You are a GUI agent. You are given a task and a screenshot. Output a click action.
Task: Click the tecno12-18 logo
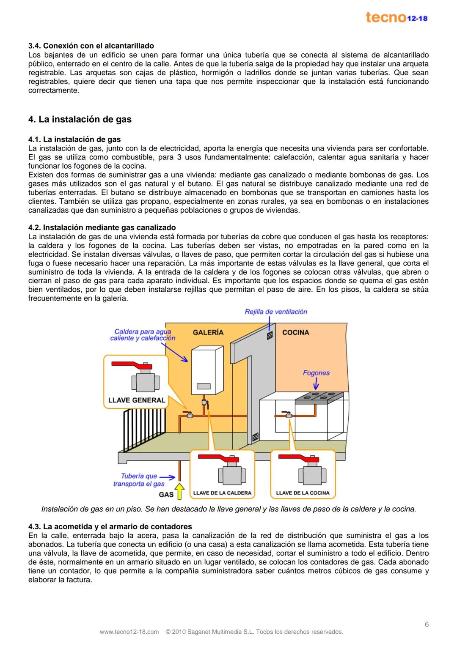tap(396, 18)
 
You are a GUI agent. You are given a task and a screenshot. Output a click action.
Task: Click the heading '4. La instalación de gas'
tap(80, 120)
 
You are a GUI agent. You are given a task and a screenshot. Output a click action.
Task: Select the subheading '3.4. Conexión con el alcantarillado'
tap(91, 46)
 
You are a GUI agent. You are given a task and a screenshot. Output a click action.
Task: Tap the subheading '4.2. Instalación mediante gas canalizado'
tap(102, 228)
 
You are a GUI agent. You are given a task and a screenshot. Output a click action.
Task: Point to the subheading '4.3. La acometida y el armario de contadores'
tap(110, 526)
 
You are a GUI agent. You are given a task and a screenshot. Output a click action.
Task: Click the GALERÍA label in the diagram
tap(208, 332)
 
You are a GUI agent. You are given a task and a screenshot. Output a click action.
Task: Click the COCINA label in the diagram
tap(295, 332)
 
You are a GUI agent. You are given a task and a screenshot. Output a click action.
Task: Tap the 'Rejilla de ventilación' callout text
tap(276, 312)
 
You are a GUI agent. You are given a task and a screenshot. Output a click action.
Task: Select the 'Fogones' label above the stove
tap(316, 373)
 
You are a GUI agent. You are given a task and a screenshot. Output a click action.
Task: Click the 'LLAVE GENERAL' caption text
tap(137, 400)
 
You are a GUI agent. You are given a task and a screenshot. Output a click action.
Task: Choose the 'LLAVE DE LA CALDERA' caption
tap(222, 493)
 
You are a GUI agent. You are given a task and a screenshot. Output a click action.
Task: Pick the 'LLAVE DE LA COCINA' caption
tap(303, 493)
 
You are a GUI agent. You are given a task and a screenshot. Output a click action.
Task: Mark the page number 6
tap(427, 624)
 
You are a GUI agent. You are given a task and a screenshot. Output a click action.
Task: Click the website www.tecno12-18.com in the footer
tap(129, 632)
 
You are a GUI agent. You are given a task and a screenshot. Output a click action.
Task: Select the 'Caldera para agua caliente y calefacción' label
tap(143, 335)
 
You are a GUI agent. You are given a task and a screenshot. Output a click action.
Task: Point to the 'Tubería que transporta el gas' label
tap(139, 480)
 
